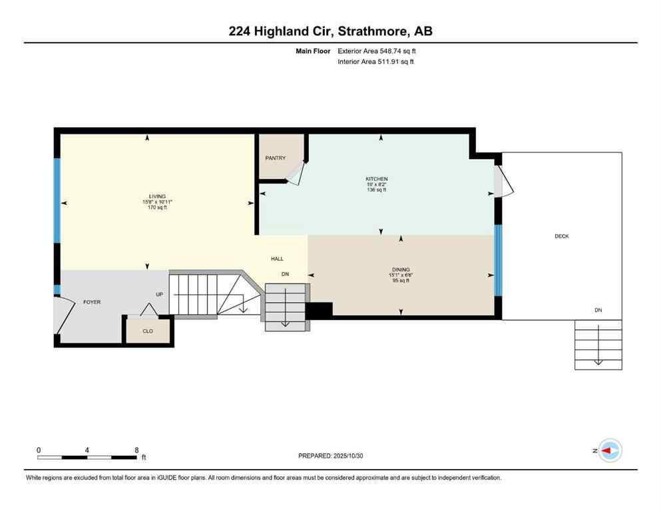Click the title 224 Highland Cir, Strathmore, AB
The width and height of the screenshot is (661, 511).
[330, 31]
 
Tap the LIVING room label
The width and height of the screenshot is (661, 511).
[156, 196]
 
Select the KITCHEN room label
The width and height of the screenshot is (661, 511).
[376, 179]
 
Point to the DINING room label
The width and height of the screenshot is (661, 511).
[400, 269]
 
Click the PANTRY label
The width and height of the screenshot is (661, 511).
[275, 158]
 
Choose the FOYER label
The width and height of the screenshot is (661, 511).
[92, 302]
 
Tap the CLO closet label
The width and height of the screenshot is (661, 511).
[148, 331]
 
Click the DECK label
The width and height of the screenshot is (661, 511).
[561, 236]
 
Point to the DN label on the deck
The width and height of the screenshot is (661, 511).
[598, 310]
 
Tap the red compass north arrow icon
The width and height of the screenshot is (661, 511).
[608, 450]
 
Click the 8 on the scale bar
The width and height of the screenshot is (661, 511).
[136, 450]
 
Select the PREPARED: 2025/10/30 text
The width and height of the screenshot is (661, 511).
[330, 456]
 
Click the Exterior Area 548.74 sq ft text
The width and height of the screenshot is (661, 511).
[377, 51]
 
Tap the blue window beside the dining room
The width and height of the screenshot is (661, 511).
[498, 260]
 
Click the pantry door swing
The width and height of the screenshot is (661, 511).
[295, 172]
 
